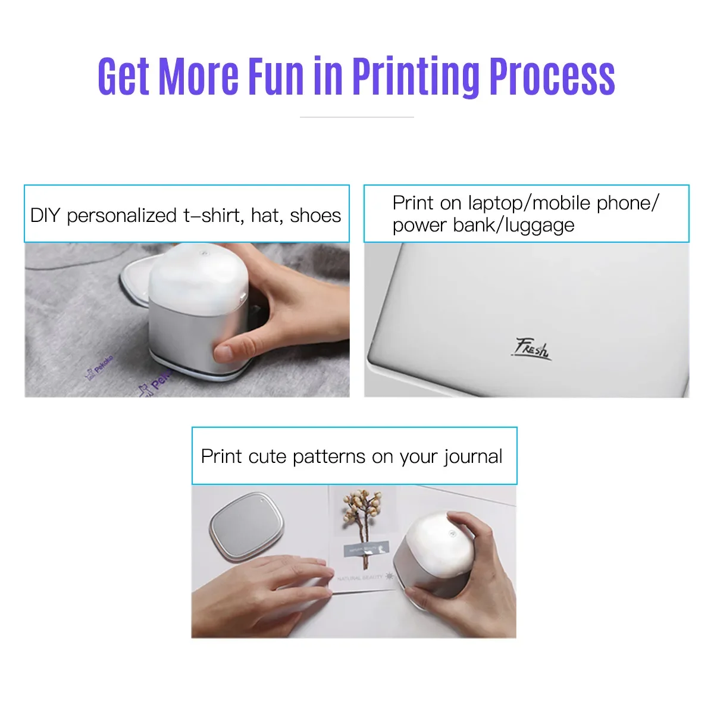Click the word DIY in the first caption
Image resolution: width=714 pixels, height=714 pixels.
coord(45,215)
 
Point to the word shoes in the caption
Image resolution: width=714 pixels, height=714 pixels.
coord(315,215)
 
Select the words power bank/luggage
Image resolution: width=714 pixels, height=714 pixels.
coord(483,226)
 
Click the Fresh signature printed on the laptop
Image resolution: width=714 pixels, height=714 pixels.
coord(532,348)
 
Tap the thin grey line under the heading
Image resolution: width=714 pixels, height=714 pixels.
coord(356,117)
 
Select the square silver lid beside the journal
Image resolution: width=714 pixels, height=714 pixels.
coord(246,525)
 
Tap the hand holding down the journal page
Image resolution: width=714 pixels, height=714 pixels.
coord(268,589)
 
